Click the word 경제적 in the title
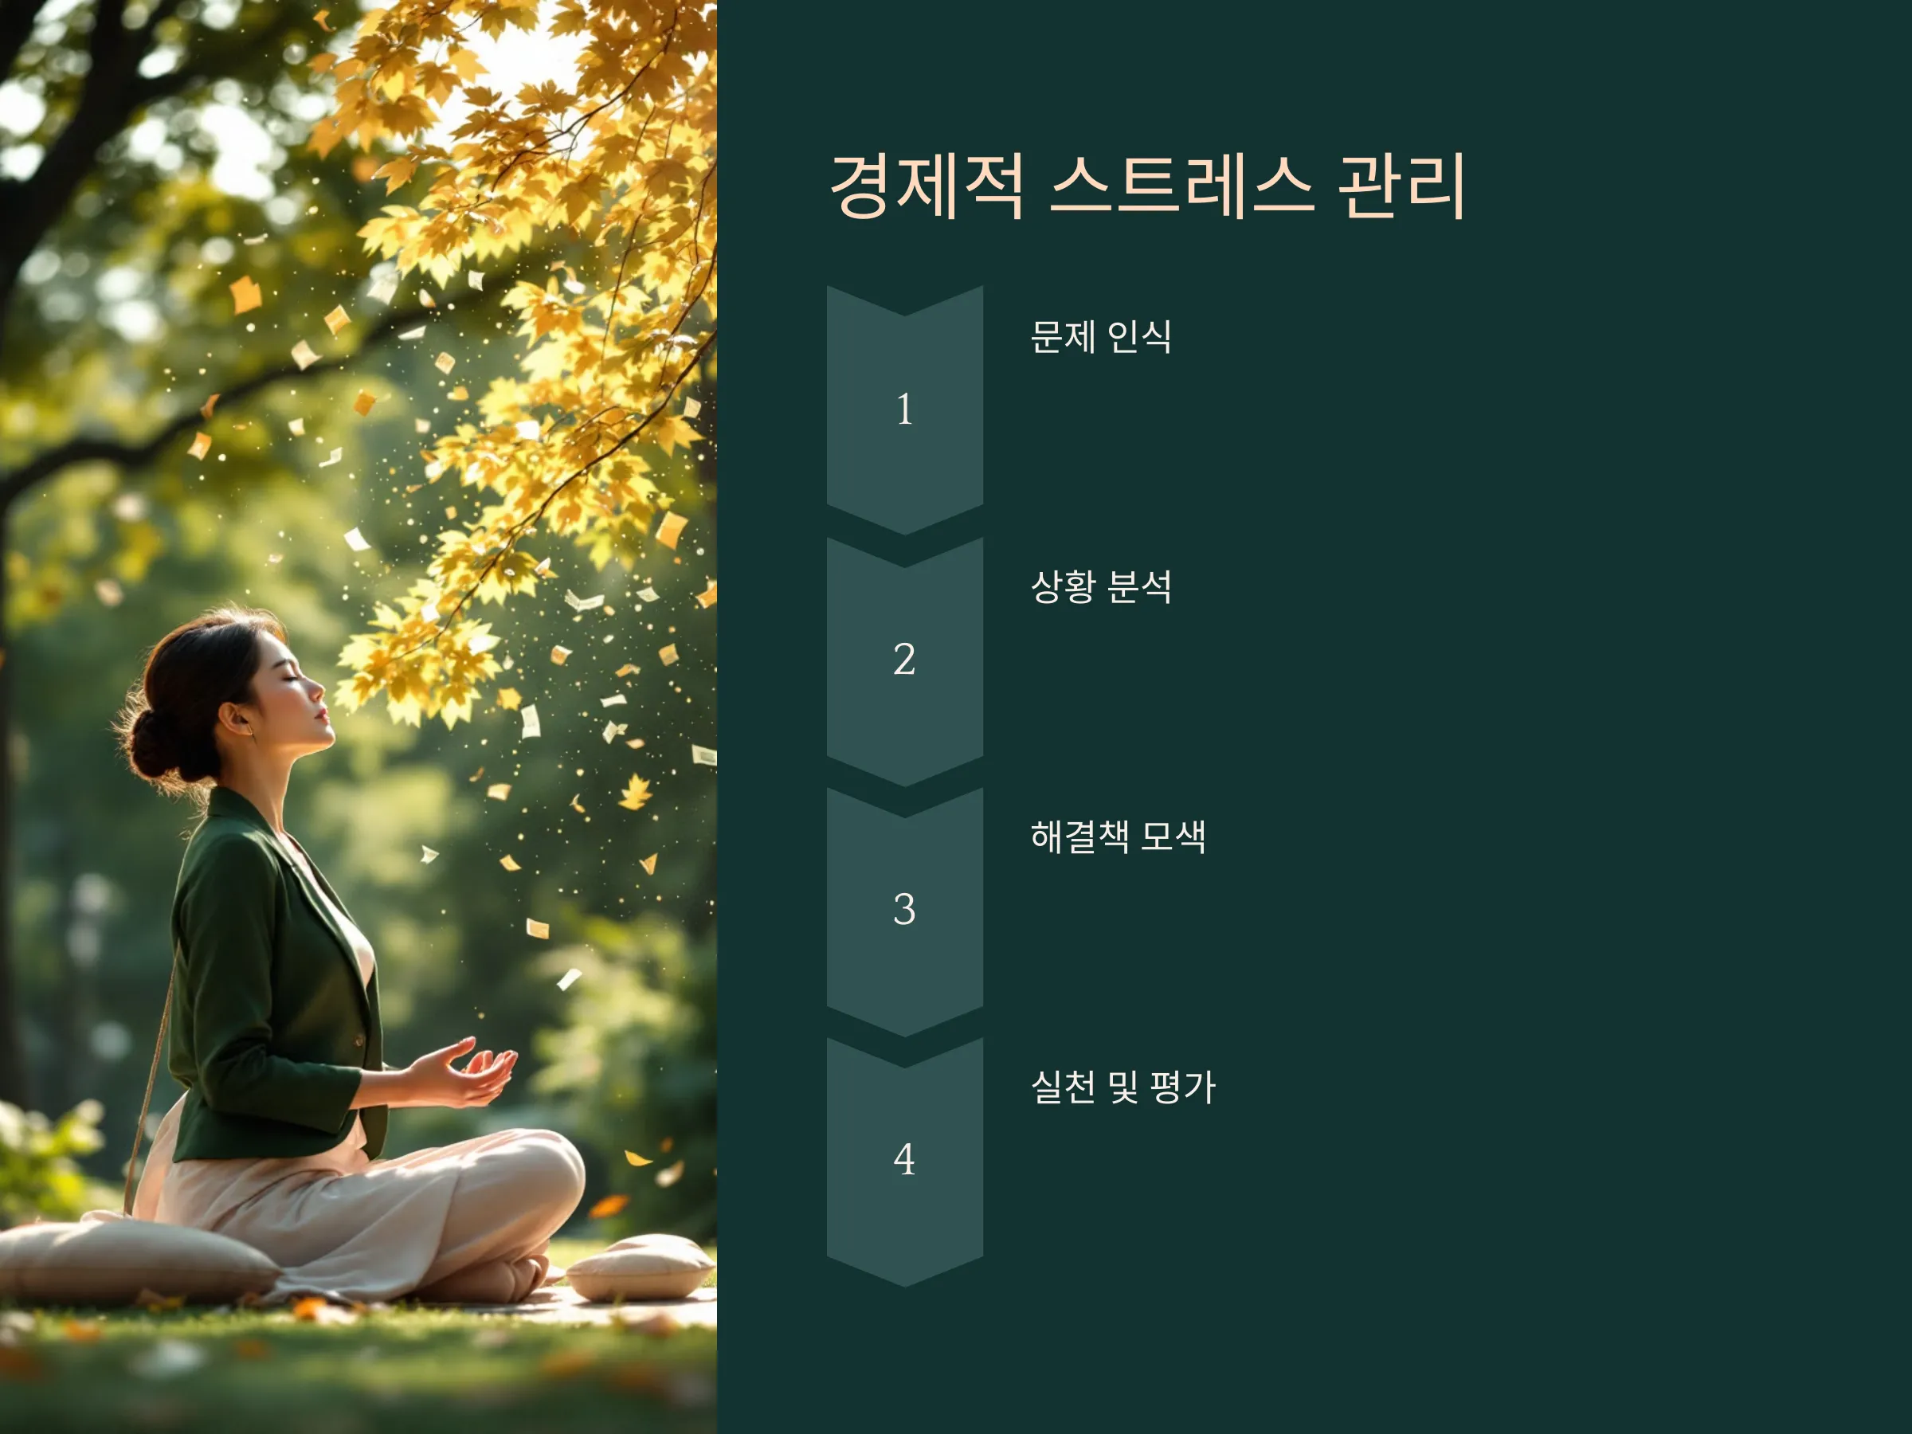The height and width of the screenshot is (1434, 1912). [927, 186]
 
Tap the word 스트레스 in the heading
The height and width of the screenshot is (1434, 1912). [1182, 186]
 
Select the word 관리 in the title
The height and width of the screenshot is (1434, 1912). [1401, 186]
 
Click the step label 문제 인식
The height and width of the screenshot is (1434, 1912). [1100, 336]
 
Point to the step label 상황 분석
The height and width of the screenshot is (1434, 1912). [1100, 587]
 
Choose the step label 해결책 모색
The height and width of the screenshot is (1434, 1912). [1118, 836]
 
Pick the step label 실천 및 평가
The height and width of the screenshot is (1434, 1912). [1123, 1087]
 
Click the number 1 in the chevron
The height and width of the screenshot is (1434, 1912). [905, 409]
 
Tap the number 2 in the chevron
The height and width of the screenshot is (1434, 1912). [904, 659]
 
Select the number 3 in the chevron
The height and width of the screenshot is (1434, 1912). [904, 908]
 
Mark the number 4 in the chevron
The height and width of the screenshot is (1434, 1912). [904, 1159]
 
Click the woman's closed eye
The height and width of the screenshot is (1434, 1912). [294, 679]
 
